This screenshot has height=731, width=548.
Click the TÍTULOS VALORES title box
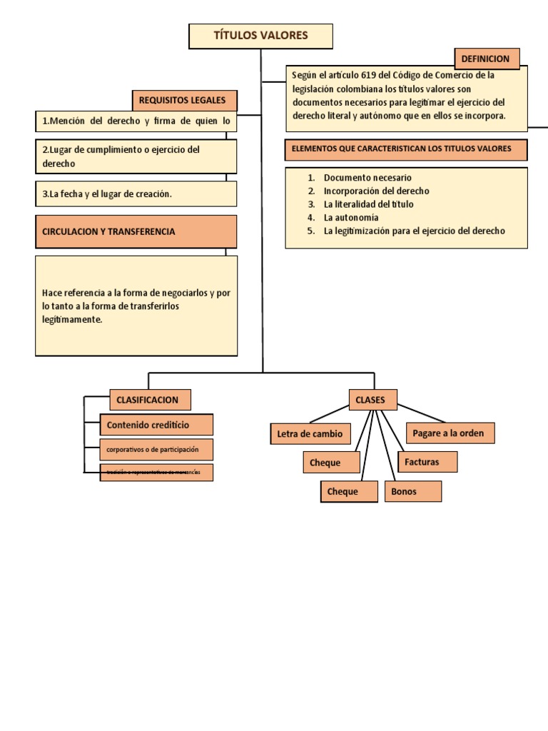pos(260,36)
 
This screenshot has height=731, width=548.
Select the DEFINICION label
pos(487,59)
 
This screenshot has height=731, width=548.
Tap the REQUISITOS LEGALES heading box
pos(184,101)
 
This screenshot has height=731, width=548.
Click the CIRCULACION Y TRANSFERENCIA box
pos(136,231)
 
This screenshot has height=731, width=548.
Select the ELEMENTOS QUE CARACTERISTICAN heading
pos(406,149)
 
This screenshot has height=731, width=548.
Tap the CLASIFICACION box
pos(150,400)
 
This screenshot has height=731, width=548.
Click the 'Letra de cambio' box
pos(310,433)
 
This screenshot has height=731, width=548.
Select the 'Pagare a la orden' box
pos(450,433)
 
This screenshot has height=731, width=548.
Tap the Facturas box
pos(427,462)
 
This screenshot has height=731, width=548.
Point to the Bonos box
pos(412,491)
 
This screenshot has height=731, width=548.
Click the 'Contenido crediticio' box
pos(156,425)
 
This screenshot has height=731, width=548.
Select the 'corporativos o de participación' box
pos(156,450)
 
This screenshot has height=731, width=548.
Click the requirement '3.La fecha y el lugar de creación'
pos(136,193)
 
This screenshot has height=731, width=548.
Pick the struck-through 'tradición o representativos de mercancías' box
pos(156,473)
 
